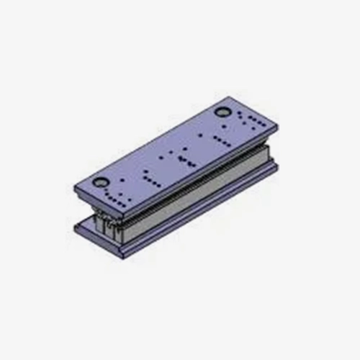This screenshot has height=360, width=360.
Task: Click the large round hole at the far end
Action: (x=222, y=113)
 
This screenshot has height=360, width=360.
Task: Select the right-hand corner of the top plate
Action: (x=276, y=127)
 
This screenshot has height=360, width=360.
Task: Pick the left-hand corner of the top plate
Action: (x=74, y=180)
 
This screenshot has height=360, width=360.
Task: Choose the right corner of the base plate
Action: (x=277, y=167)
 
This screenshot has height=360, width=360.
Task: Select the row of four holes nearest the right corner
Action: (x=256, y=119)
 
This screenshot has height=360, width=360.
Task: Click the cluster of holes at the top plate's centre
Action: (x=180, y=158)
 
